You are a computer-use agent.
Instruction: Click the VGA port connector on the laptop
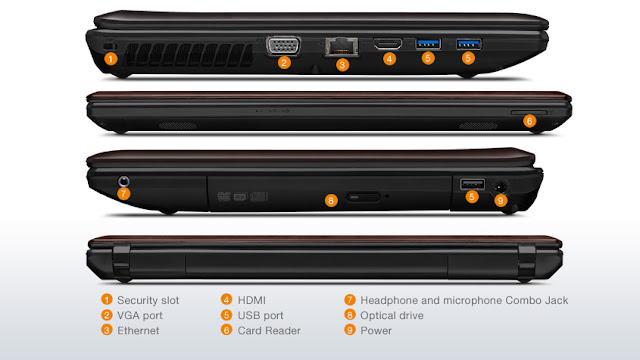pos(284,45)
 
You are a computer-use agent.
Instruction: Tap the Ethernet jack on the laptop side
pos(342,47)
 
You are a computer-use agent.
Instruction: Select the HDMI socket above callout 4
pos(388,44)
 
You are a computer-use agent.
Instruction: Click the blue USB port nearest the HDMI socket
pos(428,44)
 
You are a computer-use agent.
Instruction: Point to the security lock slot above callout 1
pos(110,47)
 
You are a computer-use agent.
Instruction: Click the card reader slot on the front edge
pos(529,112)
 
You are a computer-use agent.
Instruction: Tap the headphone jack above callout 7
pos(124,181)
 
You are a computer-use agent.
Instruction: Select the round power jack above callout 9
pos(500,187)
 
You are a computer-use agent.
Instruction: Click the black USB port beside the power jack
pos(473,184)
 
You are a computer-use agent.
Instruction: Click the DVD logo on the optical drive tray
pos(224,197)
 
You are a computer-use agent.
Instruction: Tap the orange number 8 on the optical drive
pos(331,200)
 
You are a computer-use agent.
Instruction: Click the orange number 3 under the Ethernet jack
pos(342,64)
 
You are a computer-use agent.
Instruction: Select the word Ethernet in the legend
pos(138,331)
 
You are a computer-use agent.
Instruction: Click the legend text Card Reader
pos(269,331)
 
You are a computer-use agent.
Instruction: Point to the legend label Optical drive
pos(392,316)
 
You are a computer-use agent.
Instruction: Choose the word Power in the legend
pos(376,331)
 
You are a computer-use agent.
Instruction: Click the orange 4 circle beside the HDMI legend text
pos(227,300)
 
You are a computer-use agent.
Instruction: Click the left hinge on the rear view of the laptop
pos(122,260)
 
